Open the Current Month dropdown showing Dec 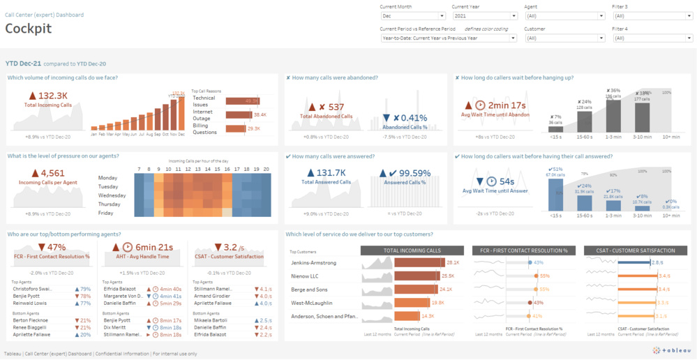pos(412,15)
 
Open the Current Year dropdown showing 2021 pos(484,15)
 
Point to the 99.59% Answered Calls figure pos(410,172)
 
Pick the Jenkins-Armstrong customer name pos(313,263)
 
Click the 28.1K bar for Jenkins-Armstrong pos(419,263)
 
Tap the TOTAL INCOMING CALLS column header pos(412,250)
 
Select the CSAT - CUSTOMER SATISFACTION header pos(635,250)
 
